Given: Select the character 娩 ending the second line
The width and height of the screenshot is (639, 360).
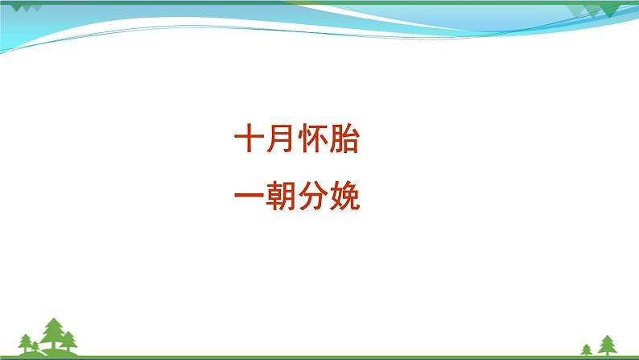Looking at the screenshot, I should [x=344, y=195].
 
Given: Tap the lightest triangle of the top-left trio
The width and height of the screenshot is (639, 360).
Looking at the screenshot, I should [x=36, y=9].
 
